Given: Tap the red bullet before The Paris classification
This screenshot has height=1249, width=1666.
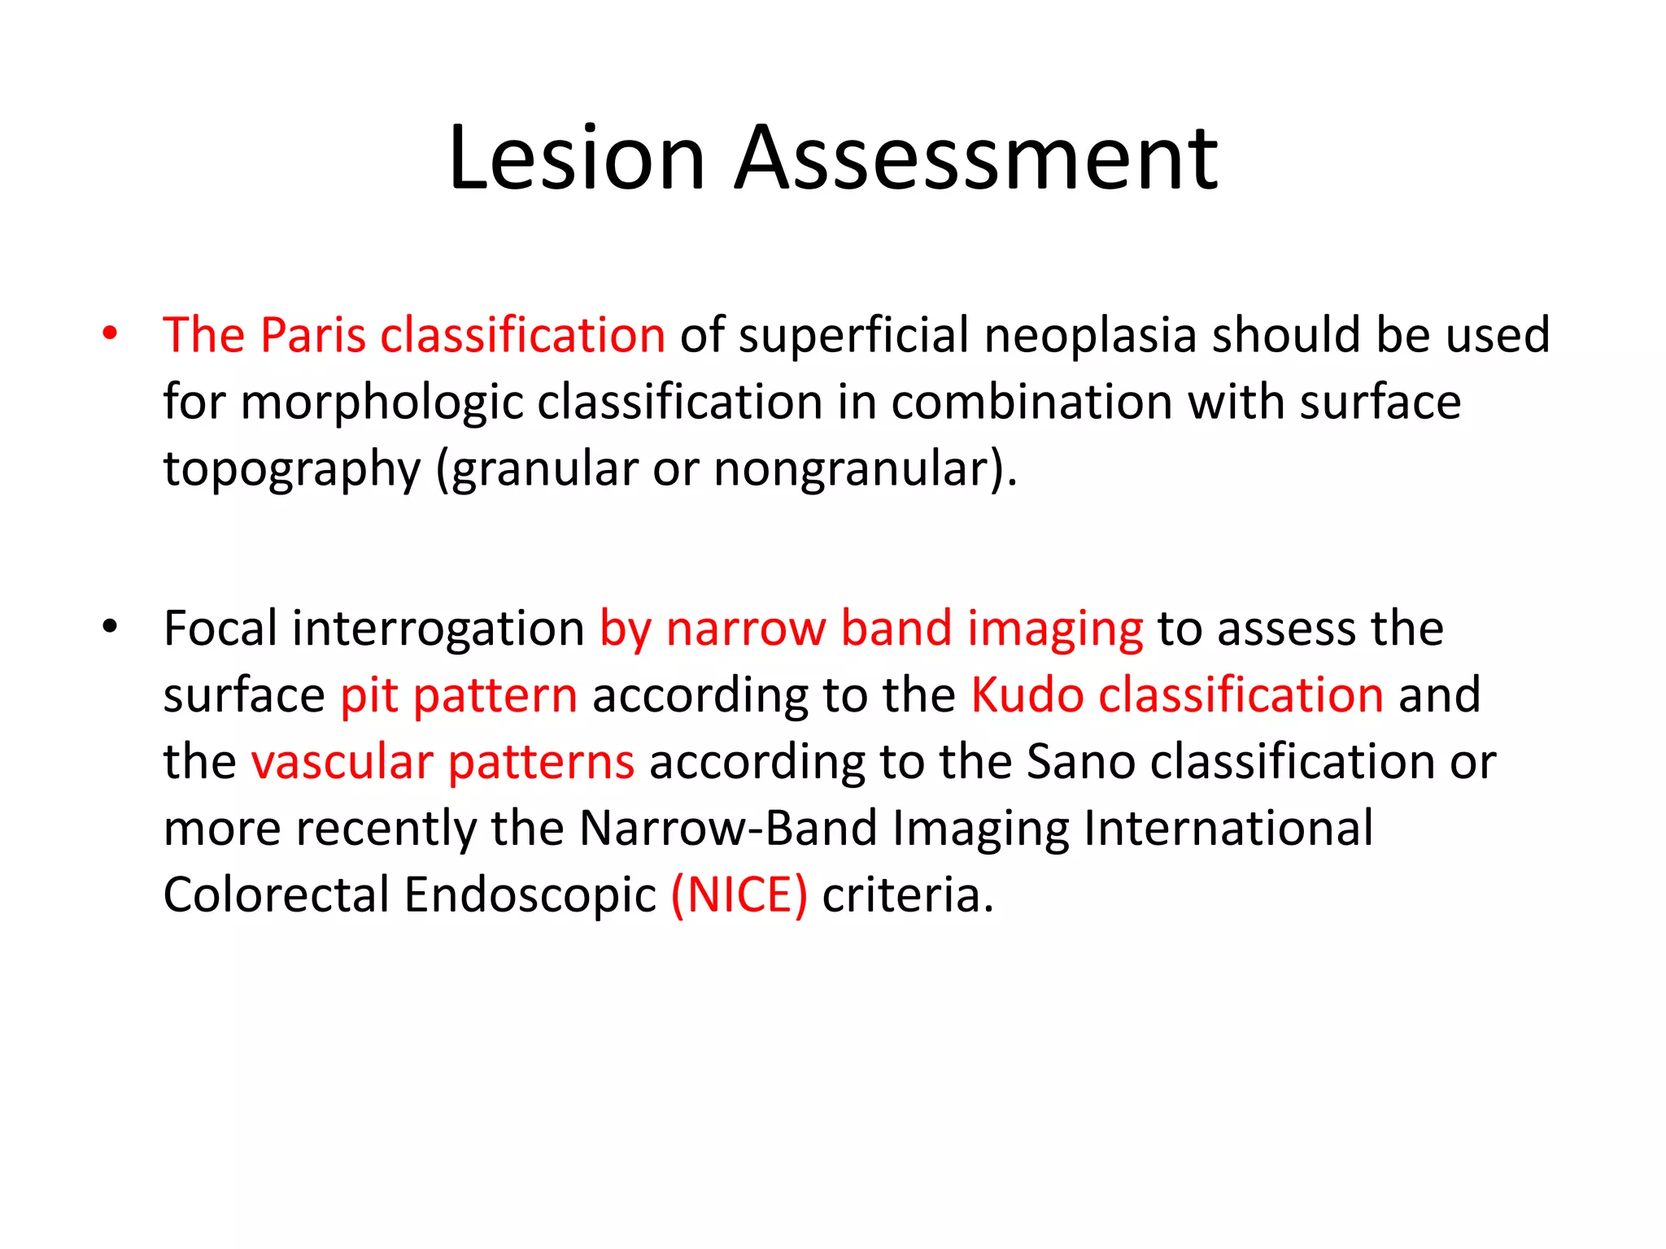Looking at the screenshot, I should point(110,333).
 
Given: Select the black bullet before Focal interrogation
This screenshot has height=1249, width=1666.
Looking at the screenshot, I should point(110,627).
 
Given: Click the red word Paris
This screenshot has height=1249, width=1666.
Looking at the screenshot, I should point(313,335).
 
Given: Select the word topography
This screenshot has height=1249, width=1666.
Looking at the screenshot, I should point(291,470).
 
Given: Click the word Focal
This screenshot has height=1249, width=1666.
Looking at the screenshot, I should point(220,629).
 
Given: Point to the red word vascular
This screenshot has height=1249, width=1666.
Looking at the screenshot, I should point(342,762).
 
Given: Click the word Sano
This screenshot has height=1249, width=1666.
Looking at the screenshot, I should point(1079,762).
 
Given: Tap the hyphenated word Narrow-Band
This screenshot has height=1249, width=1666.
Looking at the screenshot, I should point(728,829).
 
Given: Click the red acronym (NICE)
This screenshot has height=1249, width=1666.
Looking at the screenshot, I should point(739,895).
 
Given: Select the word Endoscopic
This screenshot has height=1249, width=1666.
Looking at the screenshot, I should point(530,895).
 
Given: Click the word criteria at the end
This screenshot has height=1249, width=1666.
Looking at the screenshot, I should point(907,895).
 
